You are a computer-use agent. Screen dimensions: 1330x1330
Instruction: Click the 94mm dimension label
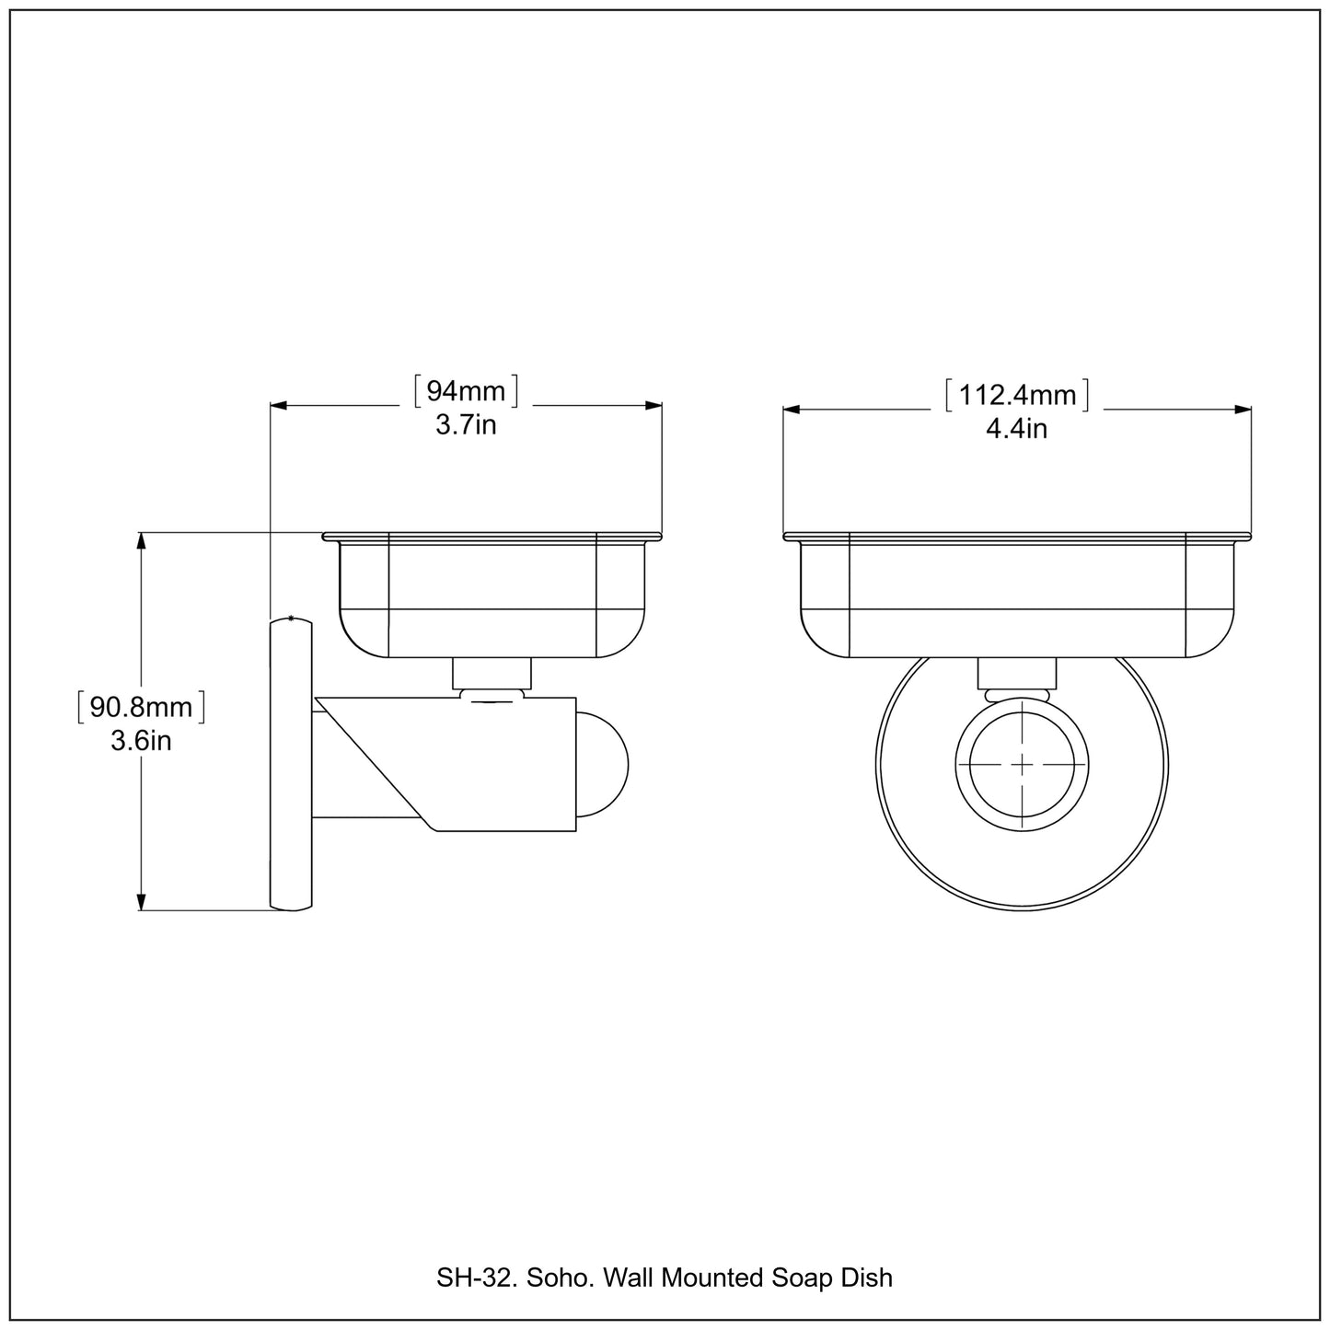tap(466, 392)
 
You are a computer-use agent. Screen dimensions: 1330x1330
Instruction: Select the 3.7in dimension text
tap(466, 425)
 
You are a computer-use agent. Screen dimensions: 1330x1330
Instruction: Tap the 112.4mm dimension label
tap(1017, 396)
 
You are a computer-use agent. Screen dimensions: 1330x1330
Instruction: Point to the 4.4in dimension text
tap(1016, 429)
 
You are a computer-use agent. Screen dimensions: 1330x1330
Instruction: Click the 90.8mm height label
tap(141, 707)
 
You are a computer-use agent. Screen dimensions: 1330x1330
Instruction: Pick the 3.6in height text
tap(141, 741)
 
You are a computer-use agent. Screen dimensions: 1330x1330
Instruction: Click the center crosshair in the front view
tap(1022, 764)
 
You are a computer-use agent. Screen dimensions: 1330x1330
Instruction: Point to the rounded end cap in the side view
tap(603, 764)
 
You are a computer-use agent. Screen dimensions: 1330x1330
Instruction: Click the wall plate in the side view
tap(291, 764)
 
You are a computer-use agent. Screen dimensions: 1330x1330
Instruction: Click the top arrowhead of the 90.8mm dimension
tap(141, 541)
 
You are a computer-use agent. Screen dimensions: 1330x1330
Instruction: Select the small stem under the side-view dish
tap(492, 674)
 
